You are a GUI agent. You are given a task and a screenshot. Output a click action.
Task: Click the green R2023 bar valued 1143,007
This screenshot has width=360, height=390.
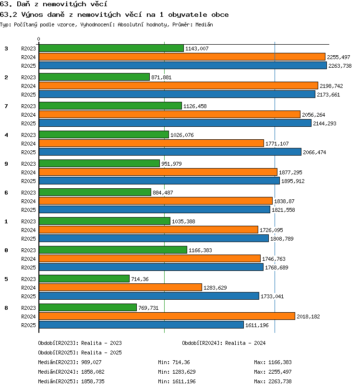coord(111,48)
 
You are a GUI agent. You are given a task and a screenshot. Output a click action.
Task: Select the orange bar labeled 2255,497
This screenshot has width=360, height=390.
coord(182,57)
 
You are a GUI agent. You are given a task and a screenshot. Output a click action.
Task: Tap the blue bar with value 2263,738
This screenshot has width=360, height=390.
coord(183,65)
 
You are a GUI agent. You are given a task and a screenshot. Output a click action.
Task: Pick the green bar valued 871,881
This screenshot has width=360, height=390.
coord(94,77)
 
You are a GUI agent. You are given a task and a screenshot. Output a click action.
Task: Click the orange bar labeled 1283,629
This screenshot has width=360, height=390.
coord(120,288)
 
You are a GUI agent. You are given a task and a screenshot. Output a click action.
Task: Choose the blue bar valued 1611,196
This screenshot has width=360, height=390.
coord(141,325)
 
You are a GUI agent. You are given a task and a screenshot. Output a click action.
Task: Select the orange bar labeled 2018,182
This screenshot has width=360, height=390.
coord(167,316)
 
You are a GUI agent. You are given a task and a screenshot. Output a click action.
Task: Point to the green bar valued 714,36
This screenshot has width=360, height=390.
coord(84,279)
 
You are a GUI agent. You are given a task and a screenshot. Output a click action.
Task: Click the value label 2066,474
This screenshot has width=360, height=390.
coord(314,152)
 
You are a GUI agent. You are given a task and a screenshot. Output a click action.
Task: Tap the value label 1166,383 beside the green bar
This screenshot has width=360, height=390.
coord(200,250)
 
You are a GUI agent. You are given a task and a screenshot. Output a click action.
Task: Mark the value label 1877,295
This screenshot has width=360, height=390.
coord(290,172)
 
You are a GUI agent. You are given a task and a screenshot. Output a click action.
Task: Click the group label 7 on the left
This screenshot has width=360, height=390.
coord(6,106)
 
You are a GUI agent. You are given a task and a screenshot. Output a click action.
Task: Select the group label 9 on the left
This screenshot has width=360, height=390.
coord(6,164)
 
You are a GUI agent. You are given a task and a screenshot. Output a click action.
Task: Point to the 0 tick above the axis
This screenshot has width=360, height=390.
coord(38,39)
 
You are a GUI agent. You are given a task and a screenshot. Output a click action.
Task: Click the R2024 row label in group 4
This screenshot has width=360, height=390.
coord(28,144)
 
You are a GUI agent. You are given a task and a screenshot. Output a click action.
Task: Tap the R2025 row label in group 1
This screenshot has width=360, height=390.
coord(28,239)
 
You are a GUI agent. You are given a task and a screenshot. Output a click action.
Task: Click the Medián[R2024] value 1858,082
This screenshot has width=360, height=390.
coord(93,372)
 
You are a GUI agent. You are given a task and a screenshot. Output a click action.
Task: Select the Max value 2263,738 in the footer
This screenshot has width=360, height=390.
coord(280,381)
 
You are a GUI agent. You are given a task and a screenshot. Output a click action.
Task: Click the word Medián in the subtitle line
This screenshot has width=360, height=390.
coord(204,24)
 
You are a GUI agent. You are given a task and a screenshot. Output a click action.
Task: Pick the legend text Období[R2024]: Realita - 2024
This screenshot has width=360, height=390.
coord(224,343)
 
